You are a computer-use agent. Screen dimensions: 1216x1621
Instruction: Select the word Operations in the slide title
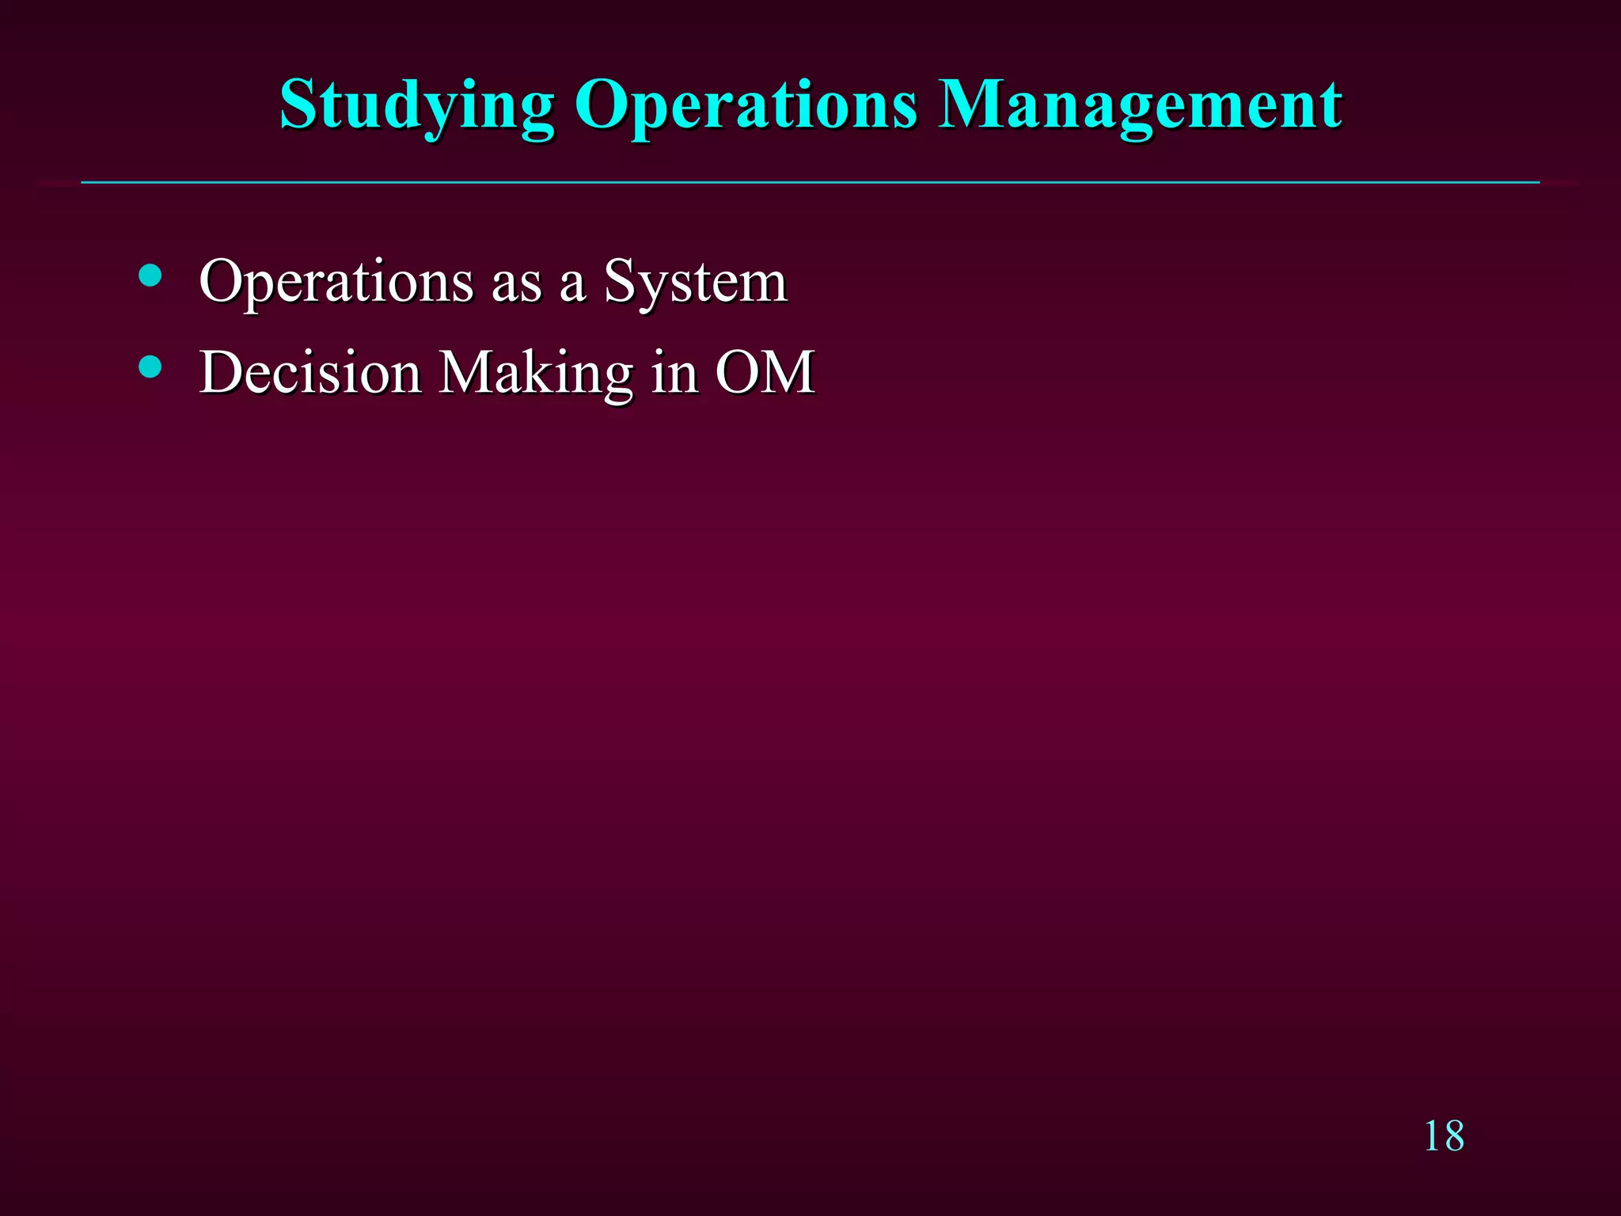746,107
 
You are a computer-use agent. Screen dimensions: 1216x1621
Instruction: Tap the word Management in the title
1140,107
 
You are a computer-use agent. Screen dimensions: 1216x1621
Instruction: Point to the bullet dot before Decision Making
150,367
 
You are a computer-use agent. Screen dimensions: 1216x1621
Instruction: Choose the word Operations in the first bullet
336,283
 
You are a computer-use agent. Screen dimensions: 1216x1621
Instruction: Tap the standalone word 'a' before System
572,286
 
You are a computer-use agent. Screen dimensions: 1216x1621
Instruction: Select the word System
695,283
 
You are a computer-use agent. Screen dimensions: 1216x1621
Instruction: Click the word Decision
309,372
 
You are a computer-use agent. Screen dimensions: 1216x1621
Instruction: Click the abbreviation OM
765,372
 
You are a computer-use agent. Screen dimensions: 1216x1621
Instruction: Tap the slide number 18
1444,1137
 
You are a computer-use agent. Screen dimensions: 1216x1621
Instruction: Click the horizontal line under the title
810,183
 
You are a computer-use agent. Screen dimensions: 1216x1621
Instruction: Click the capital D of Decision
221,372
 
